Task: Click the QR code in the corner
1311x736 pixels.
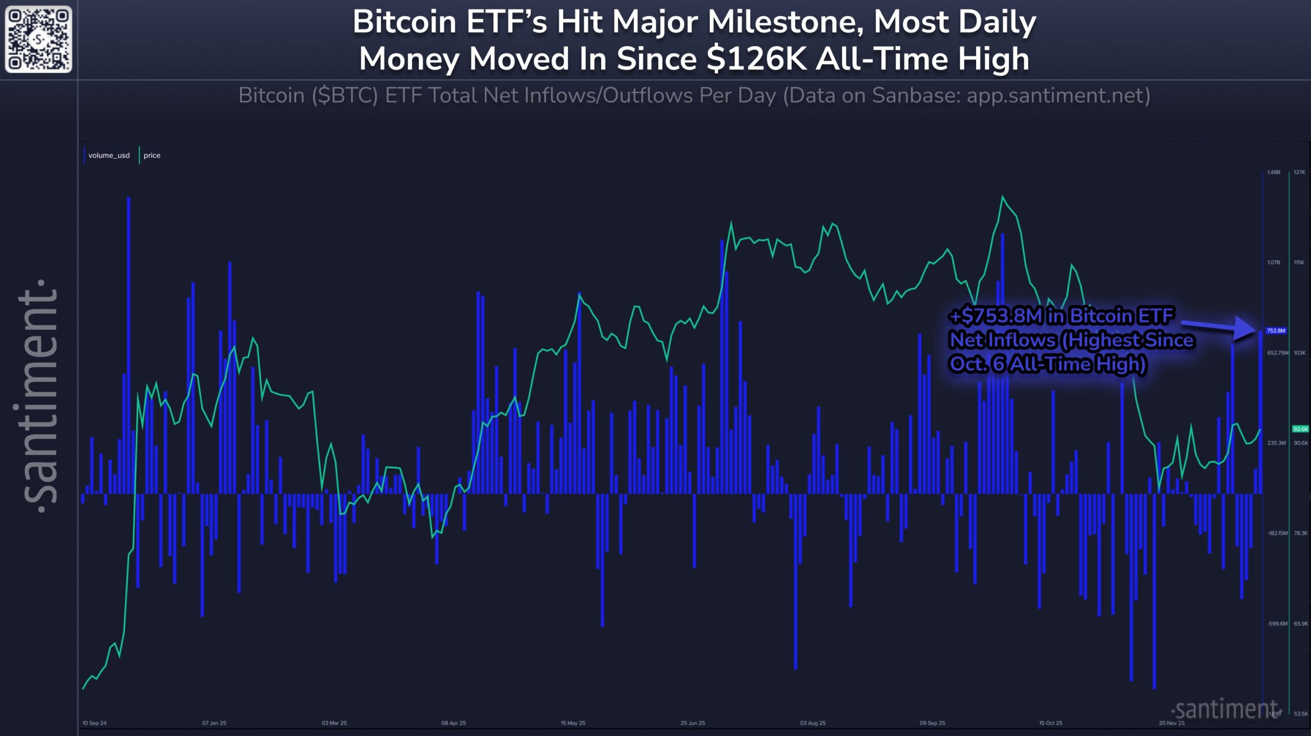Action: coord(38,39)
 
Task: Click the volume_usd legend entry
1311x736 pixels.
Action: coord(109,155)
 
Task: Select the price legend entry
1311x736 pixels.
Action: coord(152,155)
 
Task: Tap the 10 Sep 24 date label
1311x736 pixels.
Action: coord(94,723)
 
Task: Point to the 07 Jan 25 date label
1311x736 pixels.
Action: coord(214,723)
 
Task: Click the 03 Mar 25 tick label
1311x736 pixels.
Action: coord(334,723)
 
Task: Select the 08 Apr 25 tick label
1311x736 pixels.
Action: coord(453,723)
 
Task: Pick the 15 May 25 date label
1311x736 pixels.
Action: coord(573,723)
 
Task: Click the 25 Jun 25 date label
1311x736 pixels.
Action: coord(692,723)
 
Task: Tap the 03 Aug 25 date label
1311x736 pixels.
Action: coord(813,723)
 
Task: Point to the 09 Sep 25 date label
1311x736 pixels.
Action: coord(932,723)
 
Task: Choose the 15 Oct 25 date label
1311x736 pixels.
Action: coord(1050,723)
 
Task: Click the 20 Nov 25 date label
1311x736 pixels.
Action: coord(1172,723)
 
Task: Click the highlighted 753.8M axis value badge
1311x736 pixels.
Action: coord(1276,331)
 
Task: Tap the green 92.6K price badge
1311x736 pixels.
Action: coord(1300,429)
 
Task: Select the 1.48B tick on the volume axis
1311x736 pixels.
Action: coord(1274,172)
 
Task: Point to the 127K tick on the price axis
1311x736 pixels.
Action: coord(1299,172)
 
